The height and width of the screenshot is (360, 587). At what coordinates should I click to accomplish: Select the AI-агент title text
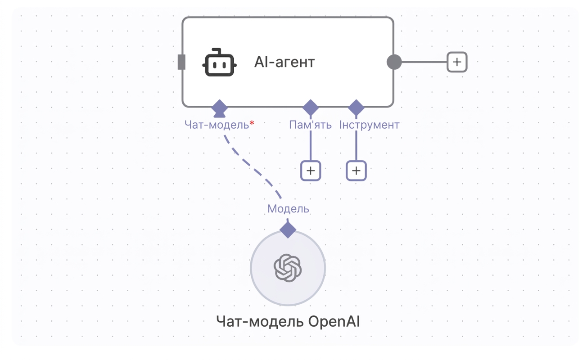coord(284,63)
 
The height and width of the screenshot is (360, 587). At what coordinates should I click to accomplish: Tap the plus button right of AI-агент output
coord(457,62)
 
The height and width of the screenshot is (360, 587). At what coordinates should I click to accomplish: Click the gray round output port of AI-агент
coord(394,62)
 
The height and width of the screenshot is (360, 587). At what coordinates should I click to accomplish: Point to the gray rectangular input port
coord(181,62)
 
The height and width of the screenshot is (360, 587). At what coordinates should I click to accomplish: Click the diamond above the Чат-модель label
coord(219,108)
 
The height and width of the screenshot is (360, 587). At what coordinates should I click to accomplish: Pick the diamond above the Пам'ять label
coord(311,108)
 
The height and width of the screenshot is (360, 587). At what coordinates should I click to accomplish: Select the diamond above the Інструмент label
coord(356,108)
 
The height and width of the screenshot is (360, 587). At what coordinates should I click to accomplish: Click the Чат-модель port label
coord(217,125)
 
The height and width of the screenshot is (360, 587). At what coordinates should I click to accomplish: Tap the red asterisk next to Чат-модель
coord(252,123)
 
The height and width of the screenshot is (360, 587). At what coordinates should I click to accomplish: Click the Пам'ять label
coord(310,125)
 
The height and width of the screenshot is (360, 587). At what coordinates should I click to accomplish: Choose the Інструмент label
coord(369,125)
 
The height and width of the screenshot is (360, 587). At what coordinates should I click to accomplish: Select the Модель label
coord(288,209)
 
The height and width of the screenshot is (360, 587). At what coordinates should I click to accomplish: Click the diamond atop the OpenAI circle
coord(288,230)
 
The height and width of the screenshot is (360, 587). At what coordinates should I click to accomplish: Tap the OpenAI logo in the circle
coord(288,268)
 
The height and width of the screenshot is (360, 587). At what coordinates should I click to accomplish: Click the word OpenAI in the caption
coord(334,321)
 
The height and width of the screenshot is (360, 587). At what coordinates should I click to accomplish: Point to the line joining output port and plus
coord(424,62)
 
